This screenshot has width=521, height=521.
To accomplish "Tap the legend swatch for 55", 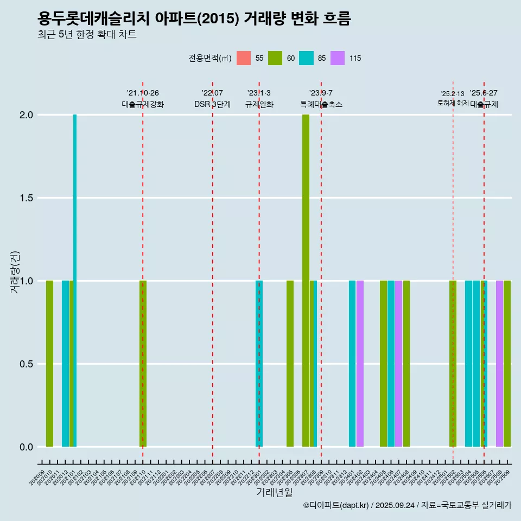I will point(244,58).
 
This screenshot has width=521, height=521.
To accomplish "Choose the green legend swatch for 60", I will point(275,58).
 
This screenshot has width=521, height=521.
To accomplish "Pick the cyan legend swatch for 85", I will point(307,58).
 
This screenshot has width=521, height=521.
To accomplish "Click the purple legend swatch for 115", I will point(338,58).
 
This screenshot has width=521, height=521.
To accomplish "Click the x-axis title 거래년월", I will point(274,492).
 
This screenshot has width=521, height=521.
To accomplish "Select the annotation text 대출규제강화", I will point(143,104).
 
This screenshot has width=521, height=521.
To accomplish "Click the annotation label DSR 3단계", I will point(212,104).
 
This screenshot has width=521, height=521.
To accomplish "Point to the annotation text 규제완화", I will point(259,104).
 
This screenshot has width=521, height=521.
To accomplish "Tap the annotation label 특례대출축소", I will point(321,104).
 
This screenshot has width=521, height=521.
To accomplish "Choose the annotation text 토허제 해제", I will point(453,103).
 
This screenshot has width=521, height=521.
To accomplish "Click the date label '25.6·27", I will point(484,93).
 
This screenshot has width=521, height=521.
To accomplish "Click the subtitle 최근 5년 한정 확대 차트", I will point(87,35).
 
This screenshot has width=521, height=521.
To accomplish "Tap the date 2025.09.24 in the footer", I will point(395,505).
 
